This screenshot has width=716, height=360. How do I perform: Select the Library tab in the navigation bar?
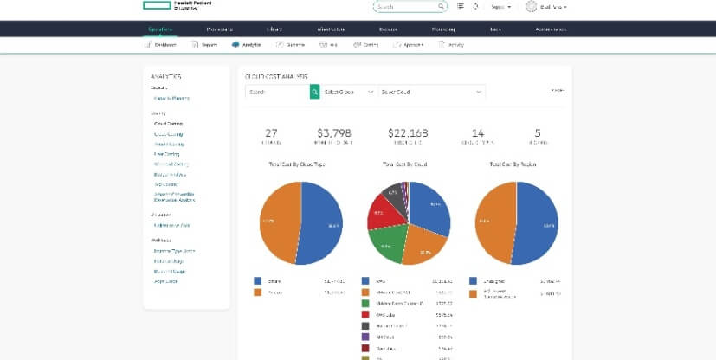274,29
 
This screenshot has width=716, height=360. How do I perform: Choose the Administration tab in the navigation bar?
552,29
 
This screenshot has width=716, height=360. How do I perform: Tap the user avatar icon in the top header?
531,6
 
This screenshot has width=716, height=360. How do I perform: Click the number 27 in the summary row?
271,132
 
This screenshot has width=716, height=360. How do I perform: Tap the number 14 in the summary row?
478,132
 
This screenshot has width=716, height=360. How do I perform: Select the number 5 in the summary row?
538,132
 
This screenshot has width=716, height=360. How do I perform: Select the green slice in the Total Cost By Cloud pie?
390,243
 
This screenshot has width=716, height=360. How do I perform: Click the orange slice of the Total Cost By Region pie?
493,225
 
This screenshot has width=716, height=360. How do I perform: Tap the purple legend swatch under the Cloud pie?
365,337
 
